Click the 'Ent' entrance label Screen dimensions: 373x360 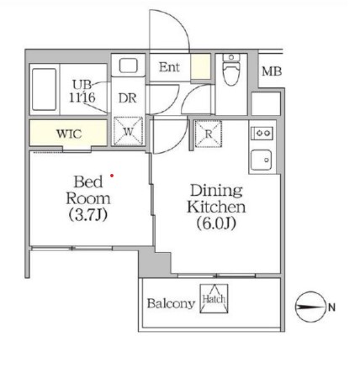pos(169,66)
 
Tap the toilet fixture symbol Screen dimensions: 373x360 pos(231,75)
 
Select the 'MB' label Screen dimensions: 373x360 pos(271,72)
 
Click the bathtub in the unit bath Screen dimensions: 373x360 pos(43,89)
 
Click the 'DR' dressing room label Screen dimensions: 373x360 pos(127,97)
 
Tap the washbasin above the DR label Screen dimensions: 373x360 pos(129,66)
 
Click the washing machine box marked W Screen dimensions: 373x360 pos(128,133)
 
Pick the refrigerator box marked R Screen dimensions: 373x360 pos(208,132)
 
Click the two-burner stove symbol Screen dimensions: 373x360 pos(261,133)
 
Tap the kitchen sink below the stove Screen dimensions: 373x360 pos(262,157)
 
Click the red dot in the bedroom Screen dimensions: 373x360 pos(111,176)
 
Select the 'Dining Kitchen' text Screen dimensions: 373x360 pos(215,198)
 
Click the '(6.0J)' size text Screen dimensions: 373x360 pos(215,223)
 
